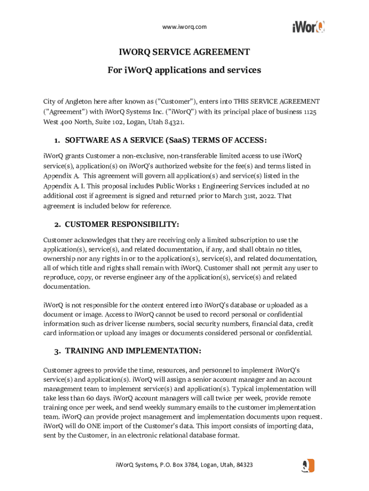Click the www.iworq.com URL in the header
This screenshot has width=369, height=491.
(184, 27)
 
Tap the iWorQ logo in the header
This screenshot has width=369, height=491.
(309, 26)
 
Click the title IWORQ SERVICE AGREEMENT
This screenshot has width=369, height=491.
(184, 52)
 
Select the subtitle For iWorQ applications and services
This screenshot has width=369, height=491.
(184, 70)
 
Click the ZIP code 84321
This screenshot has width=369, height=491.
(174, 122)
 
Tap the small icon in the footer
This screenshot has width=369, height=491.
(308, 466)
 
